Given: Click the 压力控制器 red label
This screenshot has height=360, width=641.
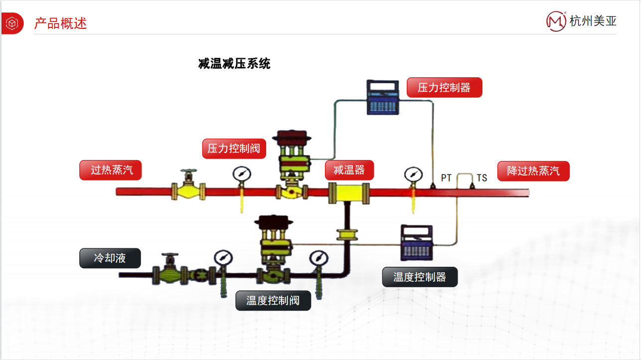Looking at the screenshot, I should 444,88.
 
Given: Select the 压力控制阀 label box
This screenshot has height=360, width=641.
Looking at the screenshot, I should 234,149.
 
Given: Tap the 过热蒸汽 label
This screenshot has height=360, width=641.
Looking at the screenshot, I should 111,170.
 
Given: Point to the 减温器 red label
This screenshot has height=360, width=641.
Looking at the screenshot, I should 349,170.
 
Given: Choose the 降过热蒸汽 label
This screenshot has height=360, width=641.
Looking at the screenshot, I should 533,171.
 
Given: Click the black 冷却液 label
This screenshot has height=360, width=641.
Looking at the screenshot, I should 110,258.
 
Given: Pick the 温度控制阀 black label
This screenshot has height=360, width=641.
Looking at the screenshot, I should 273,301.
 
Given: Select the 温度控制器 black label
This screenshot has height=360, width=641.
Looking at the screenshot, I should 420,277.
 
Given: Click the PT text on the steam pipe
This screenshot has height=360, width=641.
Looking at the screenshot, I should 446,178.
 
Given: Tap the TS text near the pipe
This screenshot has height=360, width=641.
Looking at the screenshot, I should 481,178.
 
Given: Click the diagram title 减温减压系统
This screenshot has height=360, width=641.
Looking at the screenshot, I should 234,64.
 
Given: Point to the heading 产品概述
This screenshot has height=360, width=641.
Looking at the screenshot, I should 60,23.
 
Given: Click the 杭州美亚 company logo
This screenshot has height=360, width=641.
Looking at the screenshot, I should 582,20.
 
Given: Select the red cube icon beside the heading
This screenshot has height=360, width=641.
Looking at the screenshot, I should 12,23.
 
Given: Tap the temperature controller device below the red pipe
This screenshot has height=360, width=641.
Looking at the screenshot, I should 417,242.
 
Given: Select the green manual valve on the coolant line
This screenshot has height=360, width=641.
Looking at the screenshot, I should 170,270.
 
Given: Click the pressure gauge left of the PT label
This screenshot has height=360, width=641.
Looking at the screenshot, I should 413,175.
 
